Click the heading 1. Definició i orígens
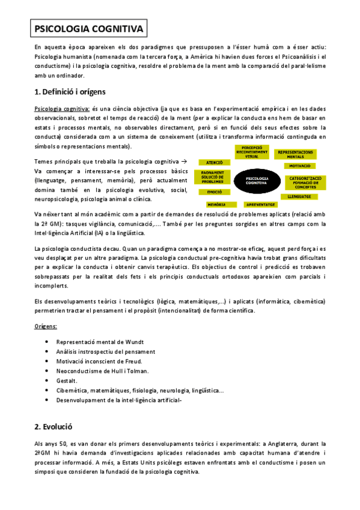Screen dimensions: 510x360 (x=70, y=92)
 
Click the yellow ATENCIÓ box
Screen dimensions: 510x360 (x=215, y=162)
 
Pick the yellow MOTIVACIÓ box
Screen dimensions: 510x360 (x=299, y=165)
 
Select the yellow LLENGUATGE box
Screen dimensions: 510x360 (x=299, y=196)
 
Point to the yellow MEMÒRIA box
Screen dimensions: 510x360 (x=217, y=204)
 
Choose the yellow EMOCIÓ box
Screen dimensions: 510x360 (x=215, y=192)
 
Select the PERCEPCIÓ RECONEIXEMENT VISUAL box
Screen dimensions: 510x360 (x=256, y=150)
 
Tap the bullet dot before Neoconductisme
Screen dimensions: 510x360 (x=47, y=371)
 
